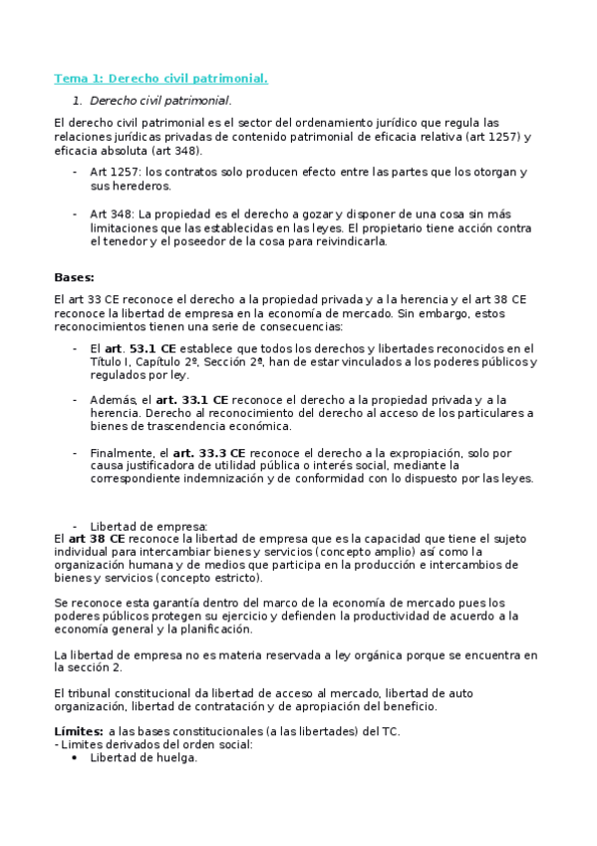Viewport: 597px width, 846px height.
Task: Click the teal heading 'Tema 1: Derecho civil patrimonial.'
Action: (160, 78)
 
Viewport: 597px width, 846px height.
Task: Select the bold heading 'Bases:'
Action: (74, 277)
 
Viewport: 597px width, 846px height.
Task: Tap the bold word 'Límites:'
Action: (78, 731)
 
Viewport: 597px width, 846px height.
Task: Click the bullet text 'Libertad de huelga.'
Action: (144, 757)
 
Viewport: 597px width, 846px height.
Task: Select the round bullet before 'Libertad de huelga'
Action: (75, 758)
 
